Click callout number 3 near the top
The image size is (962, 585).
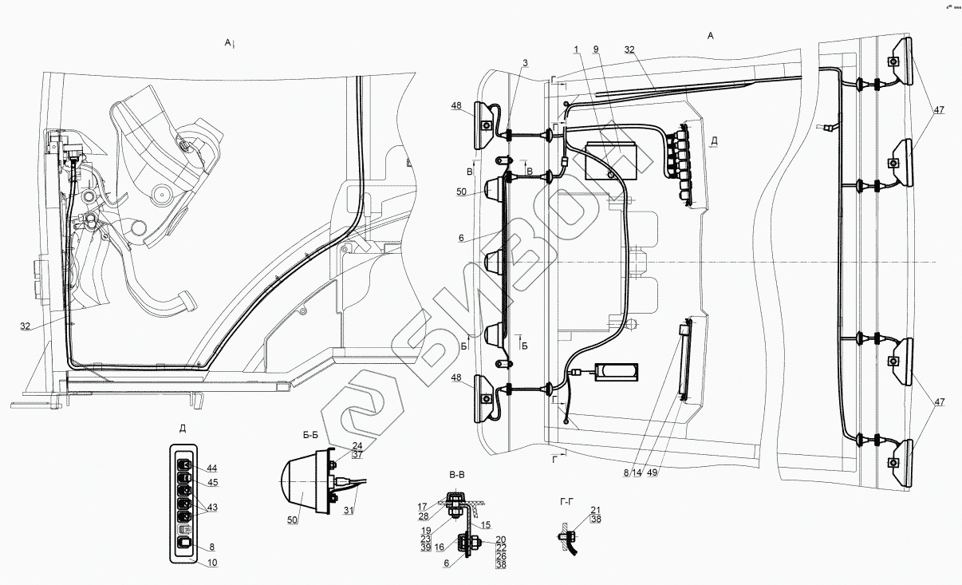click(526, 62)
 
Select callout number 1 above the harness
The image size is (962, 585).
click(575, 49)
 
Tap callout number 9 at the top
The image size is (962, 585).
click(595, 49)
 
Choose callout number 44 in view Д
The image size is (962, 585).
click(211, 468)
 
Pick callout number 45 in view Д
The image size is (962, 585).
click(211, 482)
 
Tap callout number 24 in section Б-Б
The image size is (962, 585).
click(357, 445)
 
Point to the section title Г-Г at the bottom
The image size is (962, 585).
click(568, 501)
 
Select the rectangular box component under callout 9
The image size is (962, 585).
click(611, 160)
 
